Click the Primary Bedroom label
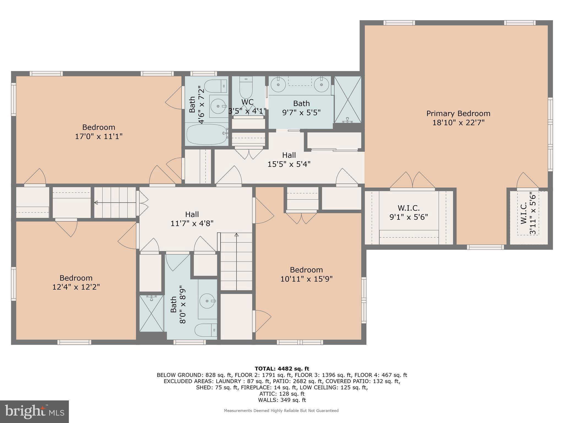point(458,113)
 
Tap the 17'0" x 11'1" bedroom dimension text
point(99,136)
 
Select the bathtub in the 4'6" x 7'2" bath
point(206,134)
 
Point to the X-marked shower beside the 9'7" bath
point(348,99)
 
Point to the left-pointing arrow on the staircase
point(96,203)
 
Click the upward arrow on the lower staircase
point(236,235)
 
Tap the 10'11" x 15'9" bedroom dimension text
point(306,279)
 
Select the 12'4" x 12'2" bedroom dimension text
point(76,287)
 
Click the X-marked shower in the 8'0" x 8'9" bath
point(151,313)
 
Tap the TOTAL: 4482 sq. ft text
point(282,369)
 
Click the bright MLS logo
point(34,411)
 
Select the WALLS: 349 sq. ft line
point(282,400)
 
